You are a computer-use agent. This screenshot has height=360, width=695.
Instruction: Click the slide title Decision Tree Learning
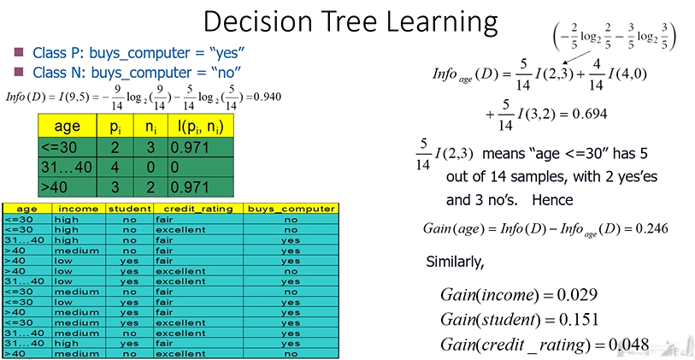[350, 22]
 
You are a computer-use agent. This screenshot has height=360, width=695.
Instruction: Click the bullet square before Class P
[19, 53]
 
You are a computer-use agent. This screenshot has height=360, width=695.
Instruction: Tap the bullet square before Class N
[19, 71]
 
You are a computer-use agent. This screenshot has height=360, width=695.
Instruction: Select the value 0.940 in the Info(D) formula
[267, 97]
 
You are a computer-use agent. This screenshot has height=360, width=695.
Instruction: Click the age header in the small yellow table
[67, 127]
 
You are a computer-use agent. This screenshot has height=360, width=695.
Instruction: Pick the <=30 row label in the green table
[58, 147]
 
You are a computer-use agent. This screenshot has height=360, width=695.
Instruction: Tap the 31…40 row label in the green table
[67, 167]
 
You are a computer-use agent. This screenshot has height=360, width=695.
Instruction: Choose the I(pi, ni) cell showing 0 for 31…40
[174, 167]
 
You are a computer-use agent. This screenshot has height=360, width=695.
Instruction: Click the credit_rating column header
[197, 209]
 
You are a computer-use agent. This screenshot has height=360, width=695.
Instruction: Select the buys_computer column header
[291, 209]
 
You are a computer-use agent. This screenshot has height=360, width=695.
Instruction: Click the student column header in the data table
[129, 209]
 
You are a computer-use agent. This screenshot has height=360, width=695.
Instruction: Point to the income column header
[79, 209]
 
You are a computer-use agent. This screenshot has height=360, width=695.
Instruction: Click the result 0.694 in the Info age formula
[590, 114]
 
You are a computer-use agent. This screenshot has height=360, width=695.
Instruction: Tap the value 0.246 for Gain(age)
[652, 229]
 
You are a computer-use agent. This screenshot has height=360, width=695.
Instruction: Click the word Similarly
[455, 262]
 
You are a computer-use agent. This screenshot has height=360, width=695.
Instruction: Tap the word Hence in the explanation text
[552, 200]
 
